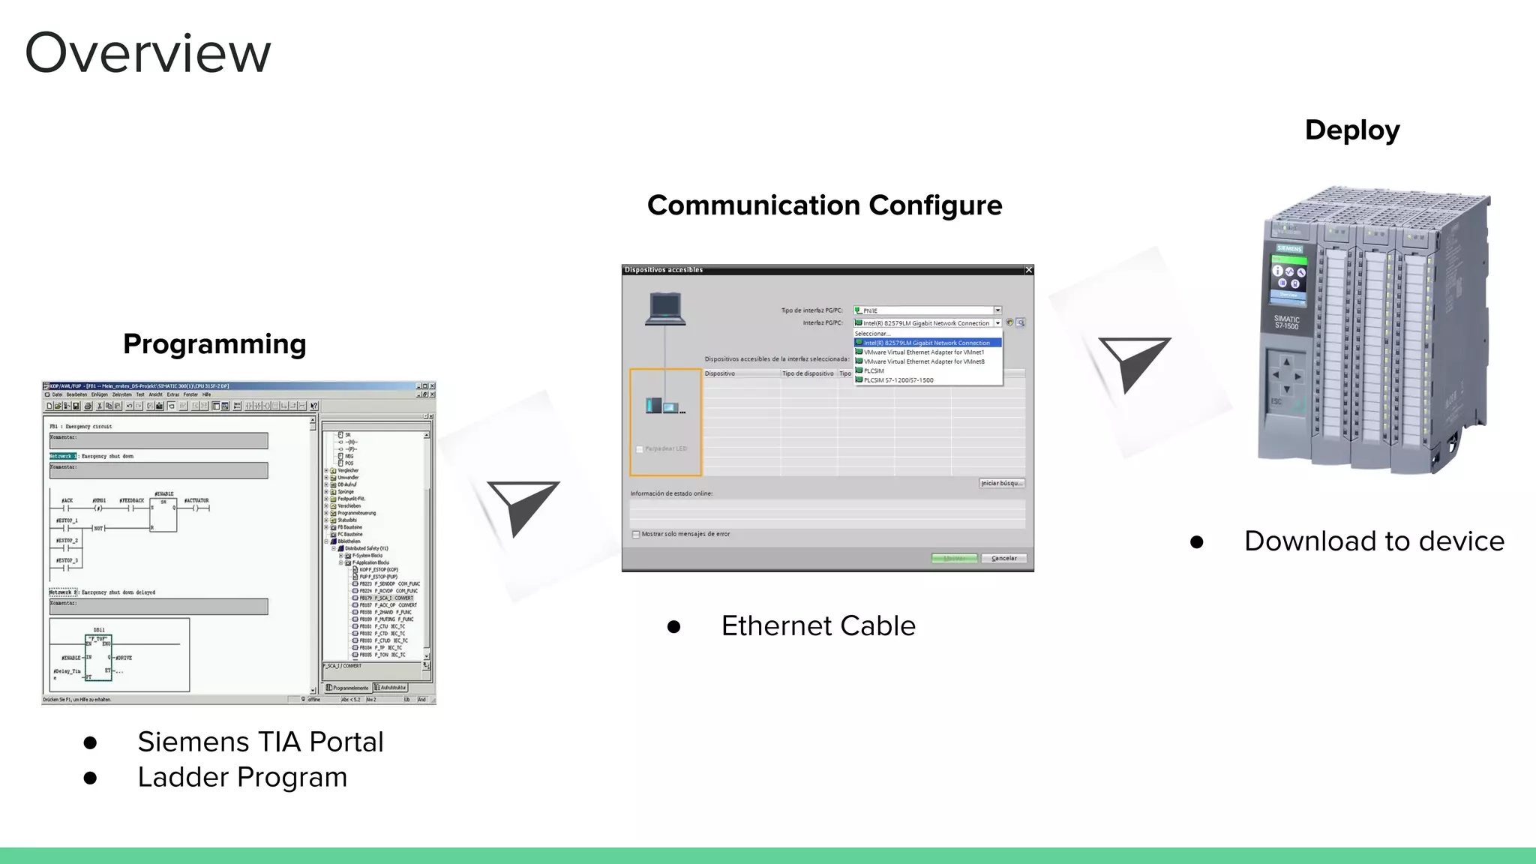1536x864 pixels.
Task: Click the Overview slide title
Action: [148, 53]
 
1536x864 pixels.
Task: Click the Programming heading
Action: [214, 343]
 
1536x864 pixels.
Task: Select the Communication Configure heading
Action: [824, 205]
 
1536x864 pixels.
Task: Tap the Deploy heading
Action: [1351, 130]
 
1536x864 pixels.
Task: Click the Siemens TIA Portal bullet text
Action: [260, 742]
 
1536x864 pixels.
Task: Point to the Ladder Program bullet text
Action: [242, 777]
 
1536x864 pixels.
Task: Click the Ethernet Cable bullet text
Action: [818, 625]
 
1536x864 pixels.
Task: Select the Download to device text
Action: [1374, 541]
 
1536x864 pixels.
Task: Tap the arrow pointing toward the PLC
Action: [1133, 362]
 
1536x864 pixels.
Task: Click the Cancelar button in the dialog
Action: [1003, 558]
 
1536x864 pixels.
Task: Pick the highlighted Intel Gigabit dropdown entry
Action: [927, 343]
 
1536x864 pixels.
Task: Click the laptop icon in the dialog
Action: [665, 308]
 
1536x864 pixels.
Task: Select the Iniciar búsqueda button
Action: [1001, 483]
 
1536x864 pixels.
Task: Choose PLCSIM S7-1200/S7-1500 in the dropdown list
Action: [898, 380]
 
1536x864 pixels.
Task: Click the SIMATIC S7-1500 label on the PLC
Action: [1286, 322]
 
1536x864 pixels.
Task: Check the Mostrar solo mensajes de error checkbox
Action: [636, 535]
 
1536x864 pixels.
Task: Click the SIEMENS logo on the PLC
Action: [1289, 248]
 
